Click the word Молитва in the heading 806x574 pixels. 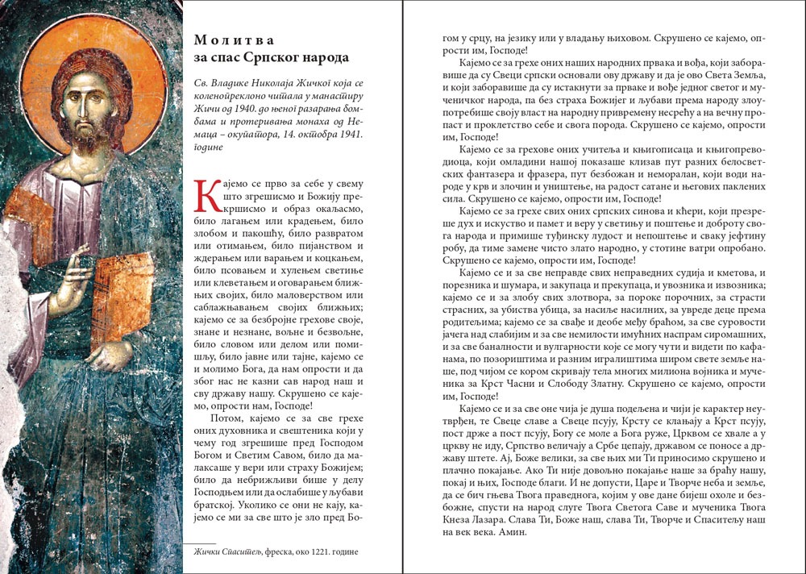coord(223,40)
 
